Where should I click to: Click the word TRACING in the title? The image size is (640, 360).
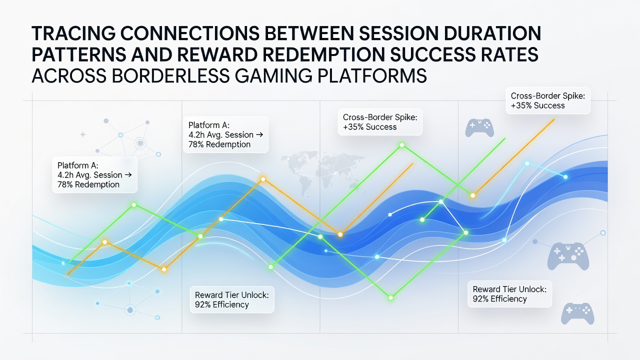73,33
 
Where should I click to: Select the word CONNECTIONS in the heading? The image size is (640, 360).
190,33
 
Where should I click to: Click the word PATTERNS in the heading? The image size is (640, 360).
79,54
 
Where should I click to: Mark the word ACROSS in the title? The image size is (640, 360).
69,75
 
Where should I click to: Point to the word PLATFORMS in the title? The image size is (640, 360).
372,75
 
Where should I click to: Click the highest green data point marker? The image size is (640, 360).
402,145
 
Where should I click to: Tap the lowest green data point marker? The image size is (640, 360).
391,297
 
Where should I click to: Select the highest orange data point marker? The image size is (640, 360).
263,179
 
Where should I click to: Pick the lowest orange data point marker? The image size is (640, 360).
164,269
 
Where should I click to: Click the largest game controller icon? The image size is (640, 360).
568,256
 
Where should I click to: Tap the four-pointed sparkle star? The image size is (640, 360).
83,134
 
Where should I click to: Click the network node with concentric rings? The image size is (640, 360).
140,143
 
